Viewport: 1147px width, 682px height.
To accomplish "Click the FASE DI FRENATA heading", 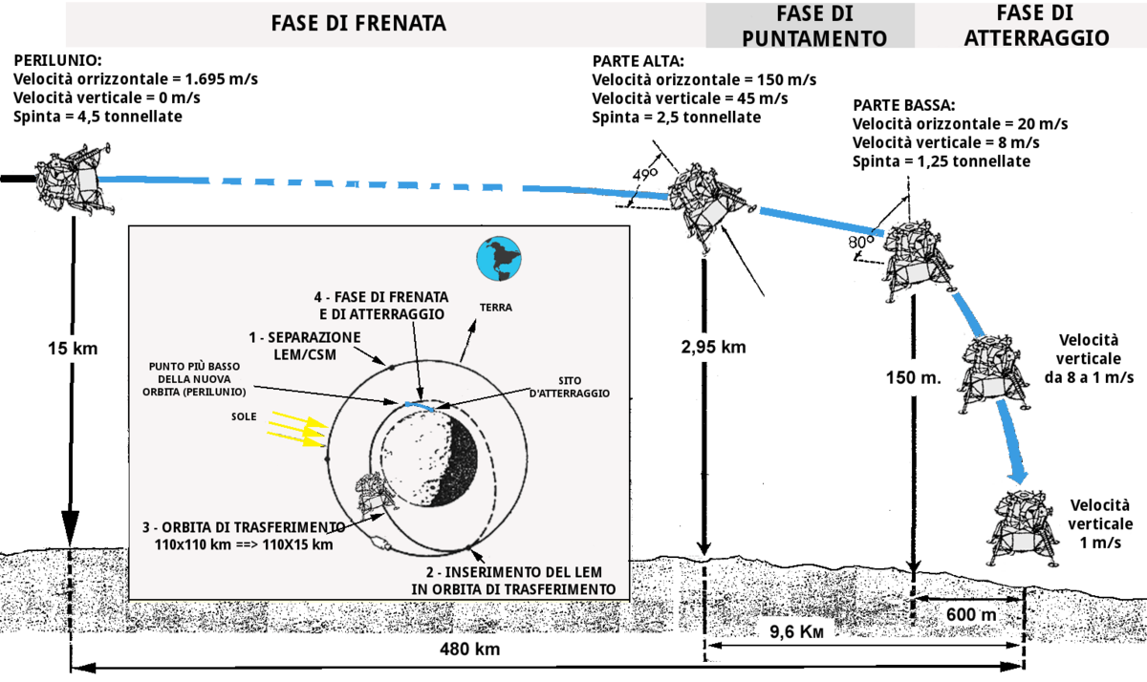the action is tap(358, 24).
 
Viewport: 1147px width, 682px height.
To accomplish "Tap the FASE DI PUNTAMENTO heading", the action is tap(814, 26).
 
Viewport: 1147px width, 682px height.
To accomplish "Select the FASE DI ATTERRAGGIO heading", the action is tap(1036, 25).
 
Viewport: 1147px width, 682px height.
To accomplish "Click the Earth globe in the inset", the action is tap(499, 258).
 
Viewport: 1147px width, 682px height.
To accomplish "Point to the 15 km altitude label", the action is tap(73, 349).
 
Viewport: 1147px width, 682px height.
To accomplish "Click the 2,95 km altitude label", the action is tap(713, 347).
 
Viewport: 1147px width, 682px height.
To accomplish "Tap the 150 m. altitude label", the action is tap(914, 377).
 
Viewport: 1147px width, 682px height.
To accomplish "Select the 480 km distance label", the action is tap(469, 649).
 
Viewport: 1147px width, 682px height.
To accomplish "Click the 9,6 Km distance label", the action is tap(797, 632).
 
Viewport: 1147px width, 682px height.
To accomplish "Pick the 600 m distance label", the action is tap(971, 614).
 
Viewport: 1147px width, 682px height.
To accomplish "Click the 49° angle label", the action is tap(644, 175).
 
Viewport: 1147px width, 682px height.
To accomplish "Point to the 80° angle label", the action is tap(861, 242).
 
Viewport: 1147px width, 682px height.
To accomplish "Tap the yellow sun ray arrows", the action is tap(297, 429).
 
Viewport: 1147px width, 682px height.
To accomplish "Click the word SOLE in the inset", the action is tap(244, 416).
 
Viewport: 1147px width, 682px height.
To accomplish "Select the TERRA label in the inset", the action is tap(496, 308).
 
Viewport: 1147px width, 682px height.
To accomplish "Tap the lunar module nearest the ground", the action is tap(1022, 528).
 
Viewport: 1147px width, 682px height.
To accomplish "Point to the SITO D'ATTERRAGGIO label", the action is tap(570, 387).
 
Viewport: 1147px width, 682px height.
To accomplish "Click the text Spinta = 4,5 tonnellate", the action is tap(97, 117).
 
